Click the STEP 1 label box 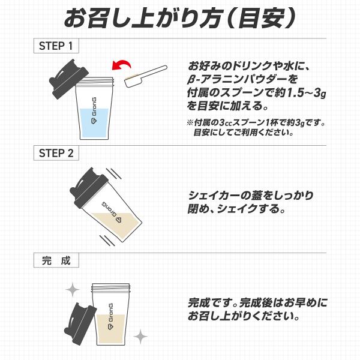[x=56, y=46]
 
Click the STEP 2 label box [x=56, y=153]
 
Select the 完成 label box [x=56, y=260]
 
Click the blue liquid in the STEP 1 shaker [x=94, y=123]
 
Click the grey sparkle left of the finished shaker [x=73, y=290]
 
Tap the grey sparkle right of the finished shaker [x=140, y=337]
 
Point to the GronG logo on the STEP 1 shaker [x=94, y=110]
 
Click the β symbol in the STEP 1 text [x=191, y=80]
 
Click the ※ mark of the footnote [x=190, y=123]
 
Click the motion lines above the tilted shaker [x=113, y=173]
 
